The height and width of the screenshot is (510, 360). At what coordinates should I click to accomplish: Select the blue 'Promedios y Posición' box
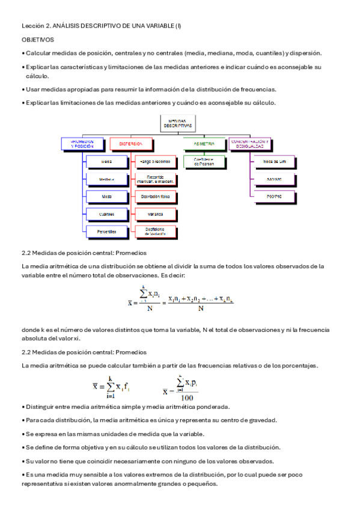pyautogui.click(x=78, y=145)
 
